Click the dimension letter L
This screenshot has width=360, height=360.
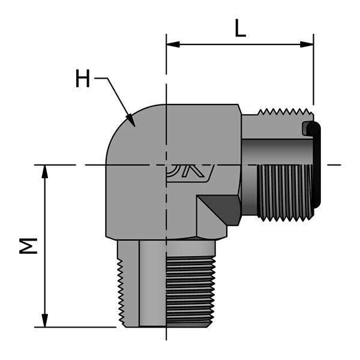click(x=240, y=28)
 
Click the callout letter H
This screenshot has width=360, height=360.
click(x=82, y=79)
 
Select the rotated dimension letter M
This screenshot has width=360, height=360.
click(x=28, y=245)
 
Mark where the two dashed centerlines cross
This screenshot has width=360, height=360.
click(x=166, y=164)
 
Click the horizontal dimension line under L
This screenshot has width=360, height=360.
click(x=240, y=44)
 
